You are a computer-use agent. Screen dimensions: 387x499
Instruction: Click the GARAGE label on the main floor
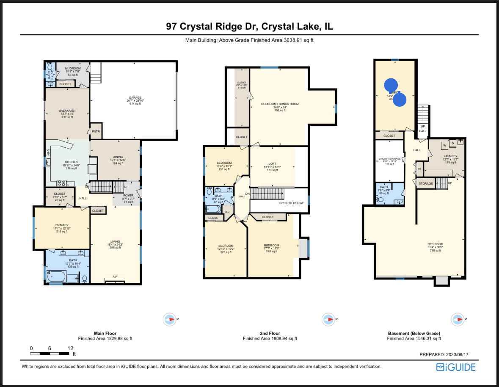click(x=135, y=97)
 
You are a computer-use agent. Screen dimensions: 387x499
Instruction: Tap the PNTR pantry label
click(x=96, y=132)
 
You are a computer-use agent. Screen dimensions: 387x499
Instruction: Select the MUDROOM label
click(x=72, y=68)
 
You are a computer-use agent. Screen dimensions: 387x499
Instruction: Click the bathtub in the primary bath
click(x=56, y=278)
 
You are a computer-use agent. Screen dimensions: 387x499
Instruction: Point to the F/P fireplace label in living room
click(x=115, y=277)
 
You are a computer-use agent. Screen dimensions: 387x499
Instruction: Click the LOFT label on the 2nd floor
click(x=272, y=163)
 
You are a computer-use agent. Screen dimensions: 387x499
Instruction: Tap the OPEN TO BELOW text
click(x=291, y=203)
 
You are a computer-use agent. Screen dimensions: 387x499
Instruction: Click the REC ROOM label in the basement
click(x=435, y=244)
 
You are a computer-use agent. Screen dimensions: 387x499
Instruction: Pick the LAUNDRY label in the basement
click(x=450, y=156)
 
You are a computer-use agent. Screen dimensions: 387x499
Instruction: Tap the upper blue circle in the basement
click(x=390, y=86)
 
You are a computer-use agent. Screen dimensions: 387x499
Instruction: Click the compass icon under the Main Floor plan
click(x=170, y=319)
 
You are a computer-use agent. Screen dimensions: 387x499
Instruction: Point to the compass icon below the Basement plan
click(x=458, y=319)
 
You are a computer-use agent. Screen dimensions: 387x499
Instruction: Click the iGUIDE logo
click(x=456, y=367)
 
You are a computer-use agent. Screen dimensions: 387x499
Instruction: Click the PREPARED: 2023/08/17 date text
click(x=447, y=355)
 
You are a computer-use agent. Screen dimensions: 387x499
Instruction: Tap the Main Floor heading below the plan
click(x=105, y=333)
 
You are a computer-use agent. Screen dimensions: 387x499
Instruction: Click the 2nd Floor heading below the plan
click(x=270, y=333)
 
